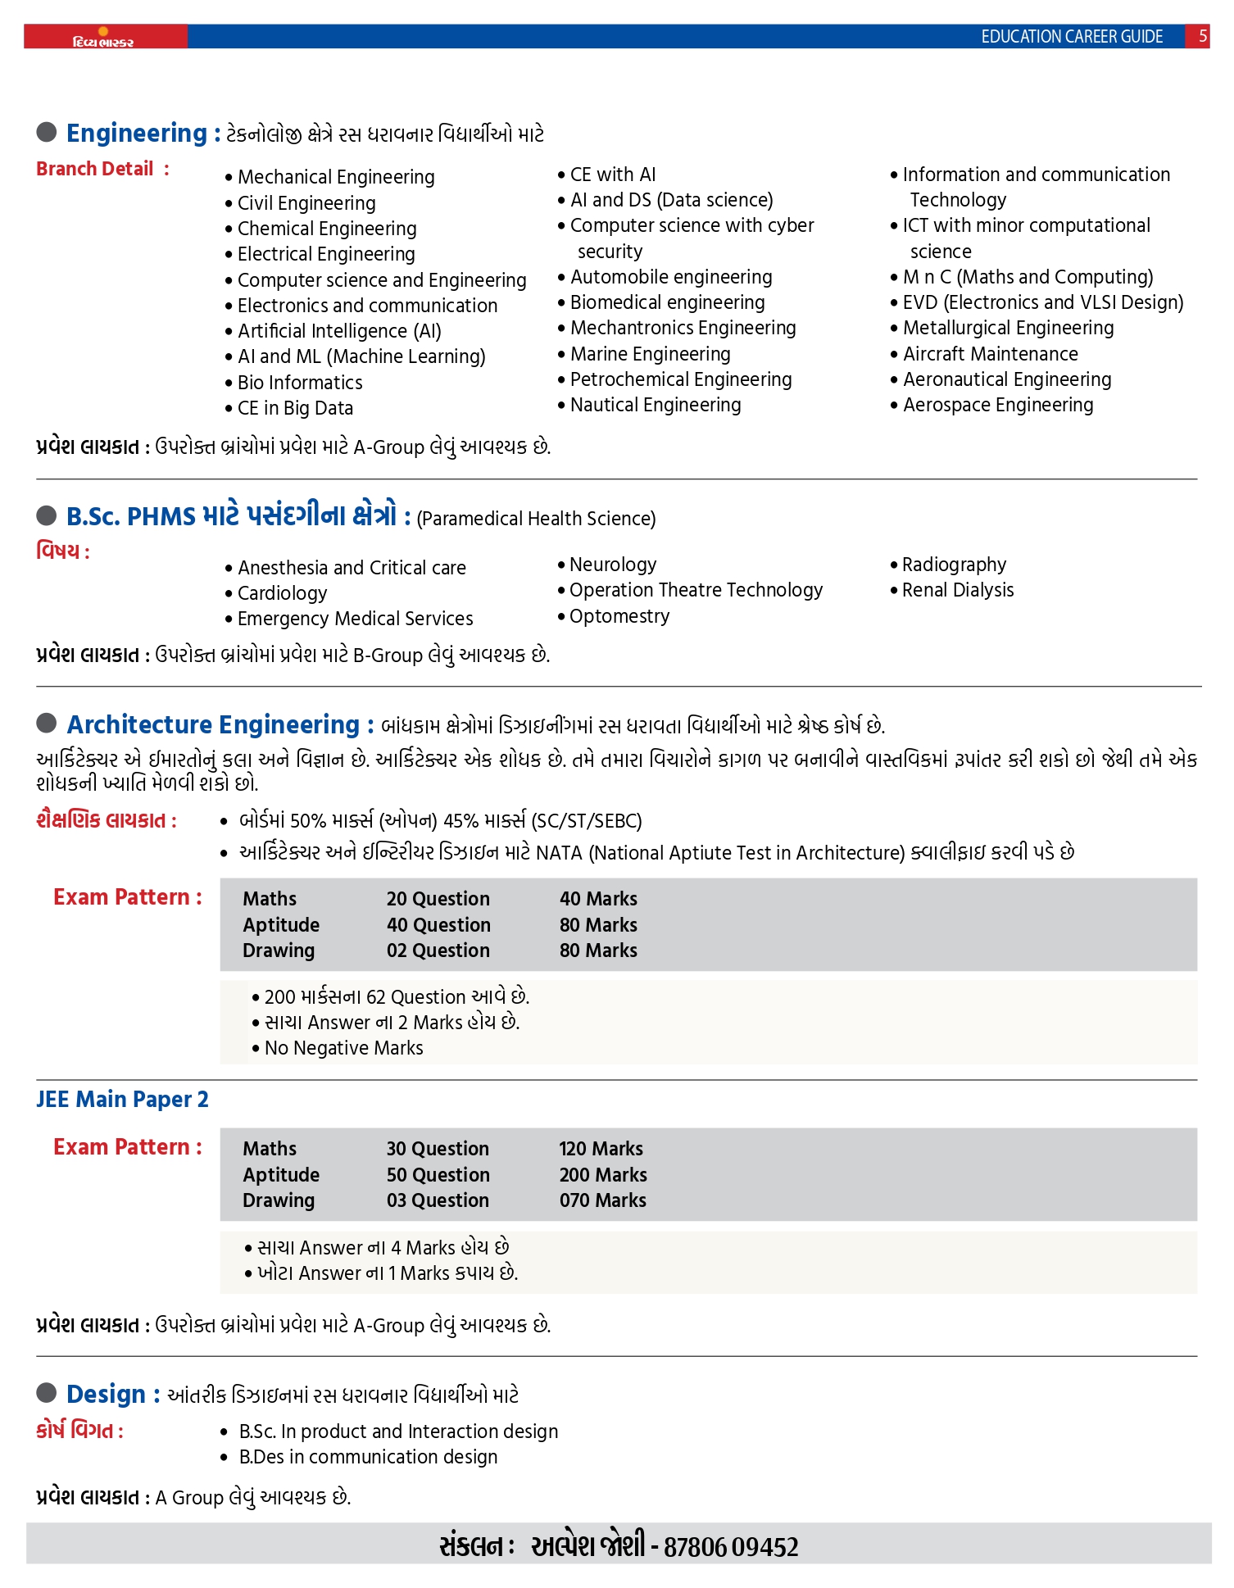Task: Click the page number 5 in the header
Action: [x=1202, y=36]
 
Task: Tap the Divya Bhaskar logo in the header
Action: [x=103, y=39]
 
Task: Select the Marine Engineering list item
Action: [x=650, y=354]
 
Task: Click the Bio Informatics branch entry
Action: [x=300, y=383]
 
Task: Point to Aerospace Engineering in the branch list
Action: [x=997, y=405]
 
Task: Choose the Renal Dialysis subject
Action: [x=957, y=590]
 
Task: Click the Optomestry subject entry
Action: [x=619, y=616]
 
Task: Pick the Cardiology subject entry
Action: [x=282, y=593]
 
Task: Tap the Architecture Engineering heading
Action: [x=213, y=725]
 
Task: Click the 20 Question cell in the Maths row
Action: [x=438, y=899]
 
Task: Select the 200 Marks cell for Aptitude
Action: [x=603, y=1175]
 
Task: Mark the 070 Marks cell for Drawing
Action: [x=602, y=1200]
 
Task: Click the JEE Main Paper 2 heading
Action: [x=122, y=1100]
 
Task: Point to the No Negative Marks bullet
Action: [x=343, y=1048]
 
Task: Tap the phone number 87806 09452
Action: [x=731, y=1547]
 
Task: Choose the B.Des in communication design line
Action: [x=368, y=1457]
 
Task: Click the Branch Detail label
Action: [x=95, y=169]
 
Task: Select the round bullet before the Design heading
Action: [x=47, y=1393]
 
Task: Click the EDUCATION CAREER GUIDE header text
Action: [x=1072, y=37]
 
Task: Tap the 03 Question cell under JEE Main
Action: [x=438, y=1200]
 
